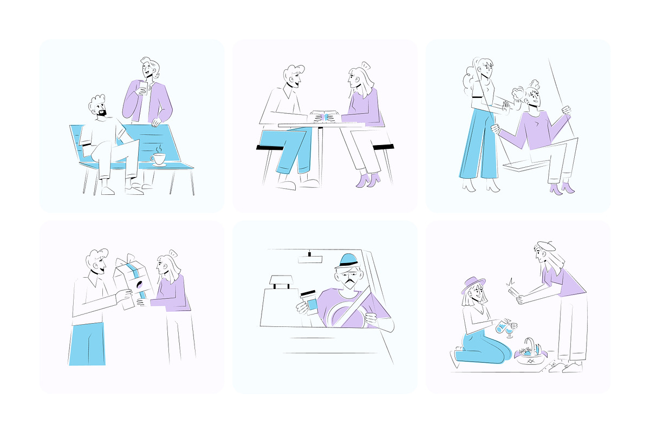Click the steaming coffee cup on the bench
pos(159,159)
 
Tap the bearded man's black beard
pos(102,113)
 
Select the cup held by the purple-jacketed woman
pos(143,87)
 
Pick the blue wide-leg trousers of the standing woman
pos(478,143)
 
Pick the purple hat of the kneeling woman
pos(473,284)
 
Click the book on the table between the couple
pos(324,115)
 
